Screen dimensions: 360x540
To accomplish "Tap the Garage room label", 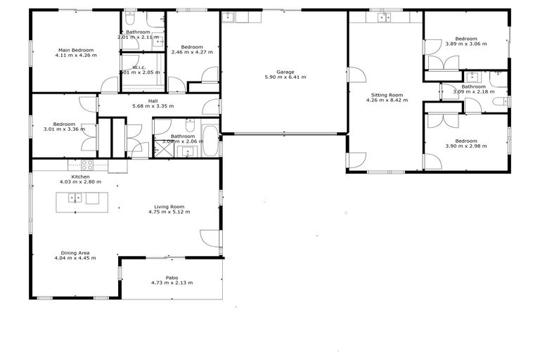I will tap(285, 72).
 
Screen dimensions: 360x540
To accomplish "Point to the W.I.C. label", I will tap(139, 67).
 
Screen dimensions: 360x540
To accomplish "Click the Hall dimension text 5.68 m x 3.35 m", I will tap(153, 106).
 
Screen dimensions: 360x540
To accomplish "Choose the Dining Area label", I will tap(75, 252).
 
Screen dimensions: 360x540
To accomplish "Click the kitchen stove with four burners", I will tap(87, 166).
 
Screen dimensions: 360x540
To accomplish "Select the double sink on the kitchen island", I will tap(75, 198).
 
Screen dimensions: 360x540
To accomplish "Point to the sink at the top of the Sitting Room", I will tap(383, 18).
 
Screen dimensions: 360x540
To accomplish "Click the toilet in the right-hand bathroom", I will tap(498, 103).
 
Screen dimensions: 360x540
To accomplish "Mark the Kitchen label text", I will tap(80, 176).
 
